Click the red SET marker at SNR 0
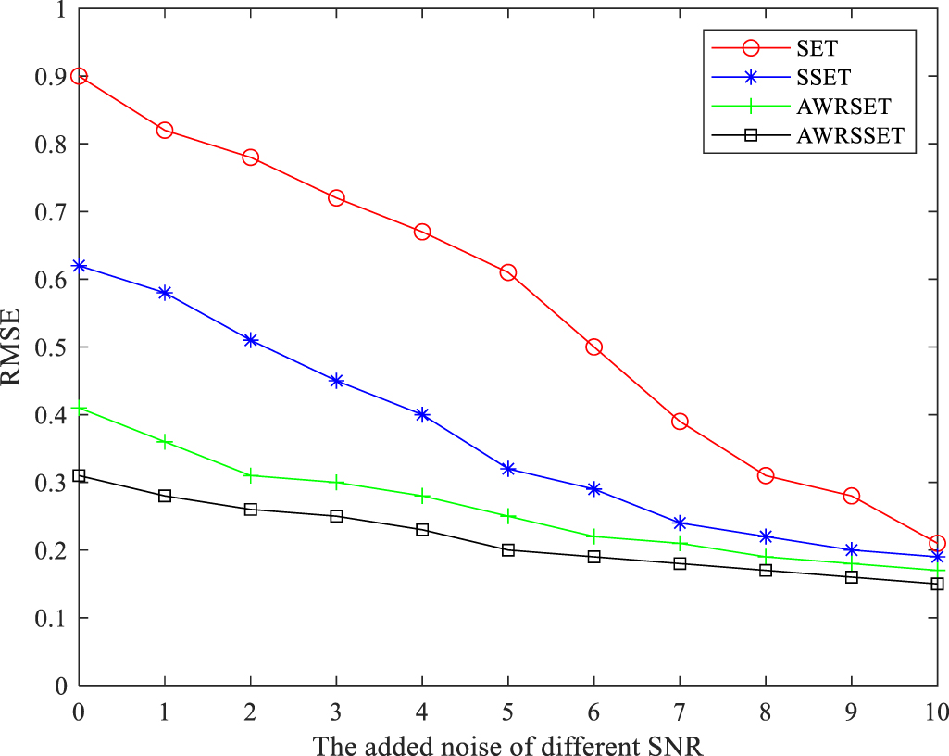click(79, 76)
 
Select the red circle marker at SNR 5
click(507, 272)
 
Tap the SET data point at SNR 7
click(680, 422)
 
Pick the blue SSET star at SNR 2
click(250, 340)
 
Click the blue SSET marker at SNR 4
click(422, 414)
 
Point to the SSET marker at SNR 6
click(593, 489)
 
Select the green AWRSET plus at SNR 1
click(165, 442)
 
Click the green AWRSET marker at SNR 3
click(336, 483)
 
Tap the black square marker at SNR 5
click(507, 550)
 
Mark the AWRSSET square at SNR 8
click(766, 571)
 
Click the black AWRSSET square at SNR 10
click(937, 584)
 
